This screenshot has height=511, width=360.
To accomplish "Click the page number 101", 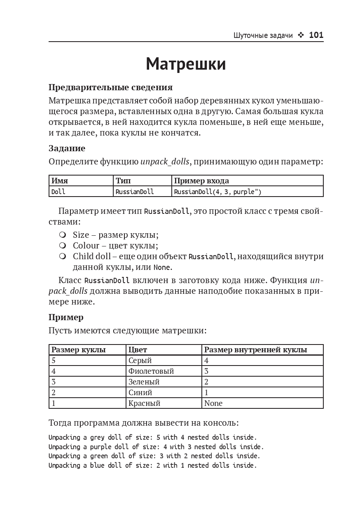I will (316, 35).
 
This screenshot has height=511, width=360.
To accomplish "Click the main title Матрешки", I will (186, 64).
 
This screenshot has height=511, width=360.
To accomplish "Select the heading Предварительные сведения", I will (110, 87).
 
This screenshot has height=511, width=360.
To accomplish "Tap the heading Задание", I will (67, 148).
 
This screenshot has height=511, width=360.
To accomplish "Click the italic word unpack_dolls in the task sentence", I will (165, 162).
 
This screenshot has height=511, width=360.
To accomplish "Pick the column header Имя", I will (60, 180).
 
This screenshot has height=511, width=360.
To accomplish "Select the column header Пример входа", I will (201, 180).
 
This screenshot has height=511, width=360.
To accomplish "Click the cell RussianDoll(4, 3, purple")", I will (217, 192).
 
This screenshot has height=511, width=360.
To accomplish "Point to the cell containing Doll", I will (58, 192).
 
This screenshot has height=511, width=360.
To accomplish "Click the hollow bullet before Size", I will (63, 235).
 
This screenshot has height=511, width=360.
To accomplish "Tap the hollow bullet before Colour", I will (63, 246).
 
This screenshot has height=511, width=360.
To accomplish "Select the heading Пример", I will (66, 317).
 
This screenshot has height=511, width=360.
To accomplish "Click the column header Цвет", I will (138, 350).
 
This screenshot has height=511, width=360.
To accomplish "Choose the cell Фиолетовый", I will (151, 371).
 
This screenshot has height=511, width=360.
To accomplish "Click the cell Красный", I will (144, 403).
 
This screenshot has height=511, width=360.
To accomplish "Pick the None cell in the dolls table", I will (213, 403).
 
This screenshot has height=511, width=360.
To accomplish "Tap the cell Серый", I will (140, 361).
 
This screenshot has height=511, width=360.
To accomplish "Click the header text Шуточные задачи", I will (263, 36).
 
